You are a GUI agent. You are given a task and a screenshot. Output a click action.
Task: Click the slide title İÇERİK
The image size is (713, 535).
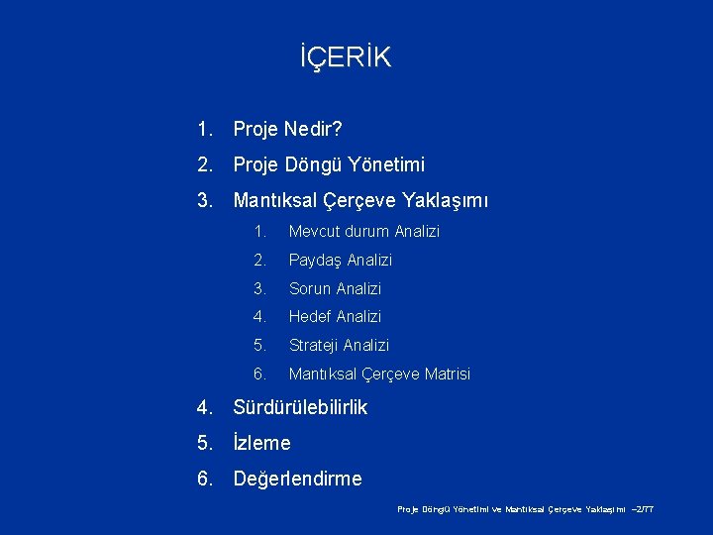coord(346,57)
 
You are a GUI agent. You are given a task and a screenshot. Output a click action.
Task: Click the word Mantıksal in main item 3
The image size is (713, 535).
coord(276,201)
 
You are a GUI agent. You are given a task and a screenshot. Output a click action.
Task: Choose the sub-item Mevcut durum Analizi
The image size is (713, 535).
coord(363,232)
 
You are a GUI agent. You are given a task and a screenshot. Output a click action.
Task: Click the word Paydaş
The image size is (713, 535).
coord(310,261)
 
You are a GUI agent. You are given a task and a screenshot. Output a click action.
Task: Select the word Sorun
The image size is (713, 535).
coord(309,289)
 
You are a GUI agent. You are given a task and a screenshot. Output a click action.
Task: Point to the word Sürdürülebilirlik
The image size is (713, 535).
coord(300,407)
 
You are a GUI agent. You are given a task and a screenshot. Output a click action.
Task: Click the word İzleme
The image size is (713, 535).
coord(261,443)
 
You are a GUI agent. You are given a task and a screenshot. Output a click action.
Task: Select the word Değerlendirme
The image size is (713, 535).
coord(297,480)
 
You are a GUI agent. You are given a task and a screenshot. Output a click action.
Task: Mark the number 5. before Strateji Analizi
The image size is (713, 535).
coord(259,346)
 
